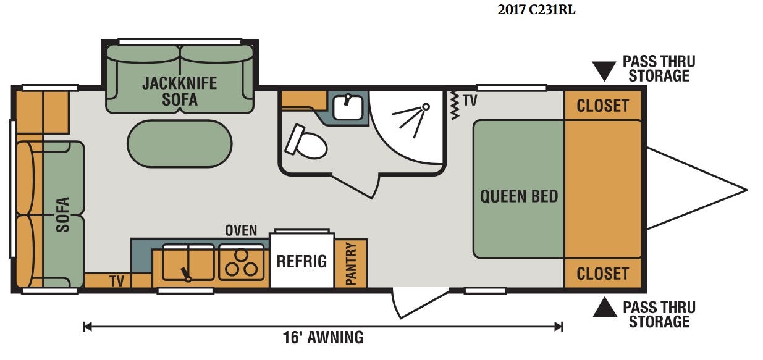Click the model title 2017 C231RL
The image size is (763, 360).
536,10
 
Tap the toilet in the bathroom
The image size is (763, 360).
306,143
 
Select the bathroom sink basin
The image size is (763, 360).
348,107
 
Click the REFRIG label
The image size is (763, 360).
301,261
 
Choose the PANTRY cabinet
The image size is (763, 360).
351,263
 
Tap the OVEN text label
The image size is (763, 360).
241,230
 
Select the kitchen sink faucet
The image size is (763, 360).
185,275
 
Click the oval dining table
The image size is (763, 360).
180,143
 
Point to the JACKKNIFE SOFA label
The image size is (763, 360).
180,91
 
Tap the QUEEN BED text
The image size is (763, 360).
519,196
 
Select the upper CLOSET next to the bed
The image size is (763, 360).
602,105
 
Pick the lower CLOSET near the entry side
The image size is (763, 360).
602,273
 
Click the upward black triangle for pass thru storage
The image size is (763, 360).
605,308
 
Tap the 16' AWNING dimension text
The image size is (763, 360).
323,338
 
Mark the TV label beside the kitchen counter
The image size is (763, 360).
117,281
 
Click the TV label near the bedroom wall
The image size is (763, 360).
470,101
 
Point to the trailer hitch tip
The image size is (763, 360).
747,190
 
